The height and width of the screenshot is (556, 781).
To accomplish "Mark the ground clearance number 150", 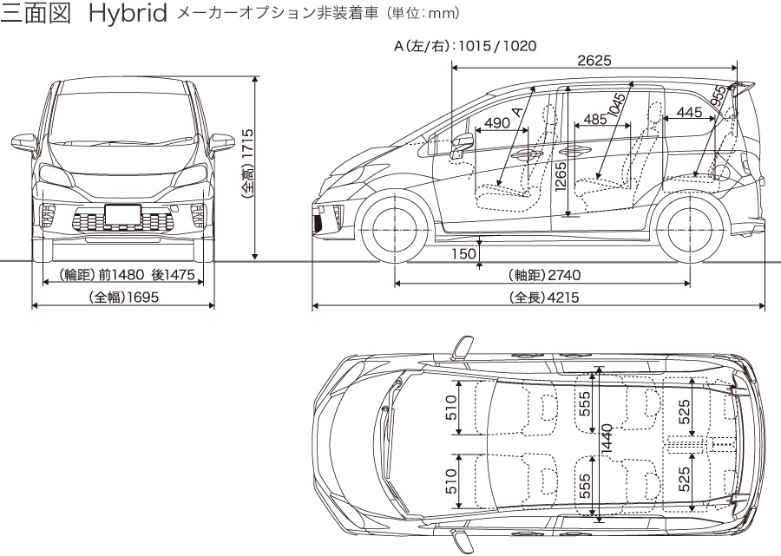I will click(464, 253).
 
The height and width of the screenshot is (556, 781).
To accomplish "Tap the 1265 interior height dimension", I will click(560, 180).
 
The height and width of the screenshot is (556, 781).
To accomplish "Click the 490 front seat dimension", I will click(497, 123).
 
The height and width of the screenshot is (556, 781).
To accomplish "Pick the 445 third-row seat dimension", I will click(688, 112).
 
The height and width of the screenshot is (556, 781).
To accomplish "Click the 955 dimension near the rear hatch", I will click(718, 96).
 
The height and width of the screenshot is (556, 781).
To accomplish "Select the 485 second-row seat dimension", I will click(595, 119).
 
